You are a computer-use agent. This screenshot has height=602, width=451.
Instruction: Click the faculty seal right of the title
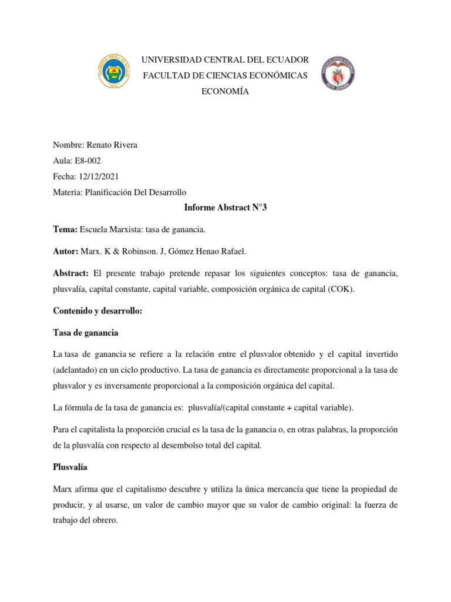pyautogui.click(x=338, y=73)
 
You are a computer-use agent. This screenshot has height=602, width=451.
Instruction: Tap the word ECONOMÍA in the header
pyautogui.click(x=225, y=92)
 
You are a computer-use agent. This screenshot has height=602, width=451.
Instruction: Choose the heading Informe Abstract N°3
pyautogui.click(x=225, y=208)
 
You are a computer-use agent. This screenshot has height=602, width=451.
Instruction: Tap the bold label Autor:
pyautogui.click(x=66, y=251)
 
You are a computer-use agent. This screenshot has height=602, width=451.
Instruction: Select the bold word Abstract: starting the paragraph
pyautogui.click(x=70, y=273)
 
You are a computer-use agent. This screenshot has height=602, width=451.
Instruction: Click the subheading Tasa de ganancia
pyautogui.click(x=86, y=333)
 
